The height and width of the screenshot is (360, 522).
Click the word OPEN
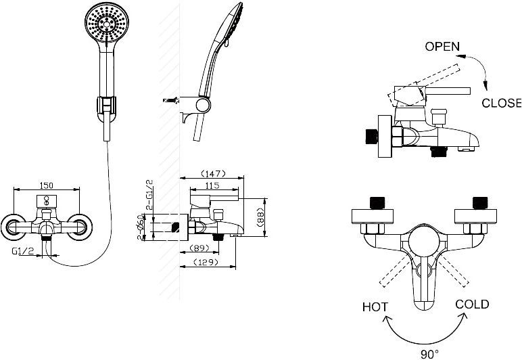point(442,47)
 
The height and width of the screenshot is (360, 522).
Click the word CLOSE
point(501,103)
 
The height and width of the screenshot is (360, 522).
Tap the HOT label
point(375,307)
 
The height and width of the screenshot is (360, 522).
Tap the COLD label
point(472,304)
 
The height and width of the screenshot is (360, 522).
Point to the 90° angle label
point(427,353)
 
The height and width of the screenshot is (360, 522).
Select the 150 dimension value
point(47,185)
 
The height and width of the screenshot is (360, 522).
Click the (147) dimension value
point(212,174)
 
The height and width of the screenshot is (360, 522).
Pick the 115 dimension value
point(213,185)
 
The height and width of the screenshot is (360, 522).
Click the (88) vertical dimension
point(260,217)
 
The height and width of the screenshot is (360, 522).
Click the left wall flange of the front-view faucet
point(12,227)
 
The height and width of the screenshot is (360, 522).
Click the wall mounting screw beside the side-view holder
point(171,101)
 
